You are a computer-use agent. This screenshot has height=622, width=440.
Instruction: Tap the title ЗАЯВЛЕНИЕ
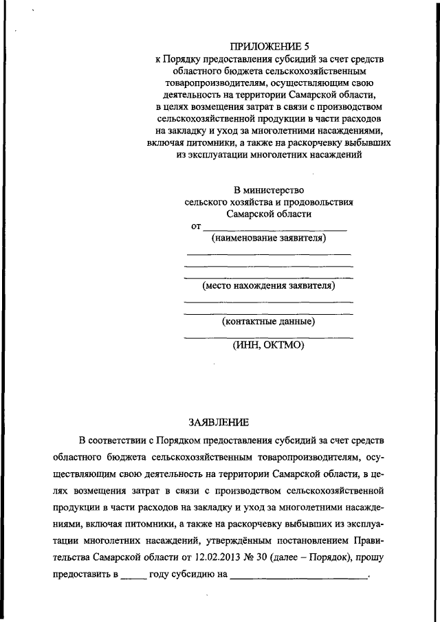pyautogui.click(x=218, y=421)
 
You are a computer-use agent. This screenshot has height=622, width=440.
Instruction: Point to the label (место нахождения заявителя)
pyautogui.click(x=269, y=285)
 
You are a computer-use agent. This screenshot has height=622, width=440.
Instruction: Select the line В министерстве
pyautogui.click(x=269, y=189)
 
